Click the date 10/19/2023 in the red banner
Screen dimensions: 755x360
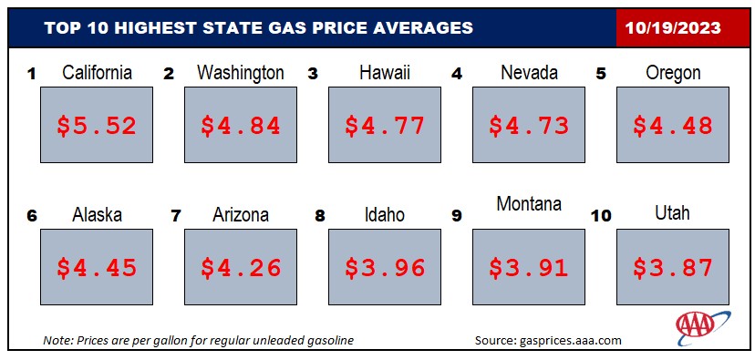673,28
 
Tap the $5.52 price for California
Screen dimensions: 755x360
97,126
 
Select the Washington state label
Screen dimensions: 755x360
241,73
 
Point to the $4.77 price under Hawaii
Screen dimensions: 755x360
385,126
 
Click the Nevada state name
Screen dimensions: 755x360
529,73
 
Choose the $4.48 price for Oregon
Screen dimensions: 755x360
673,126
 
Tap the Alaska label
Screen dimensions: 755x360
97,215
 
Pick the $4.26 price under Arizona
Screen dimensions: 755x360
241,268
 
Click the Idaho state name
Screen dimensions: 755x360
385,215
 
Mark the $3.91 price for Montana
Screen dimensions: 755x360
529,268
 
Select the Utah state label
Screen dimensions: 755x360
673,212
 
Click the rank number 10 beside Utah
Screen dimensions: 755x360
602,216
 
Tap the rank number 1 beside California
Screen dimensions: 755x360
32,75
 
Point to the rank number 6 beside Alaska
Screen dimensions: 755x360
32,216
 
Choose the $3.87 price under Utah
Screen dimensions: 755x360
673,268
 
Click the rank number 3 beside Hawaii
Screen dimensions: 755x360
313,75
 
